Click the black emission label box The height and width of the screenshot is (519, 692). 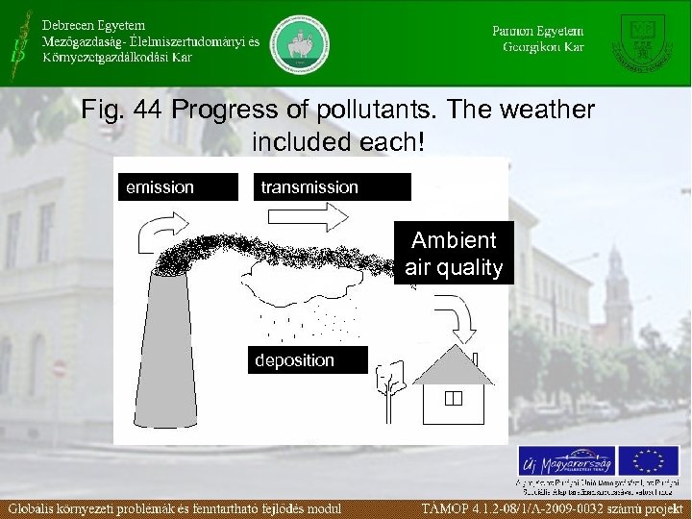pos(176,187)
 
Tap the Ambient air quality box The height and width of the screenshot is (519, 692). pos(454,254)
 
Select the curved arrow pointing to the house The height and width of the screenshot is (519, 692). pos(458,318)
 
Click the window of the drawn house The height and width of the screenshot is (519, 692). pos(454,397)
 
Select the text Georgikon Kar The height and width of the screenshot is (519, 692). pos(544,47)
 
